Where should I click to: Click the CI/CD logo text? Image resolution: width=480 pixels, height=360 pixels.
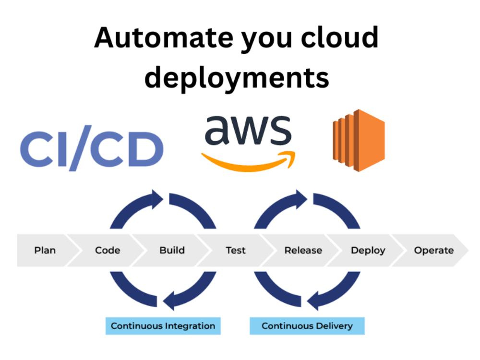(92, 149)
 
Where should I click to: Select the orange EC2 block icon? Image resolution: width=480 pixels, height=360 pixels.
(359, 140)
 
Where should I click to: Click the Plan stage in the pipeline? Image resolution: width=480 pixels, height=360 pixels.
(45, 250)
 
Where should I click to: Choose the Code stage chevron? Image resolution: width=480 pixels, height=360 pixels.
(108, 250)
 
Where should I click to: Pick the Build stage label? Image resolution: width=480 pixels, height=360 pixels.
(172, 250)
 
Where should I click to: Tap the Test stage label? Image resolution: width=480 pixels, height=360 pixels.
(236, 250)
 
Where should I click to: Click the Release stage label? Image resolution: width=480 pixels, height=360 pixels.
(303, 250)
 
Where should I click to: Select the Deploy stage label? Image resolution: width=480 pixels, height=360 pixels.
(368, 250)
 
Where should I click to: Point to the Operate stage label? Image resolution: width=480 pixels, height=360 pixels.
(433, 250)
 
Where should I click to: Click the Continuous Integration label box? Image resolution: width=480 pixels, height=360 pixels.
(163, 326)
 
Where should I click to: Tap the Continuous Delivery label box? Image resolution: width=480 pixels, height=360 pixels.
(307, 326)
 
